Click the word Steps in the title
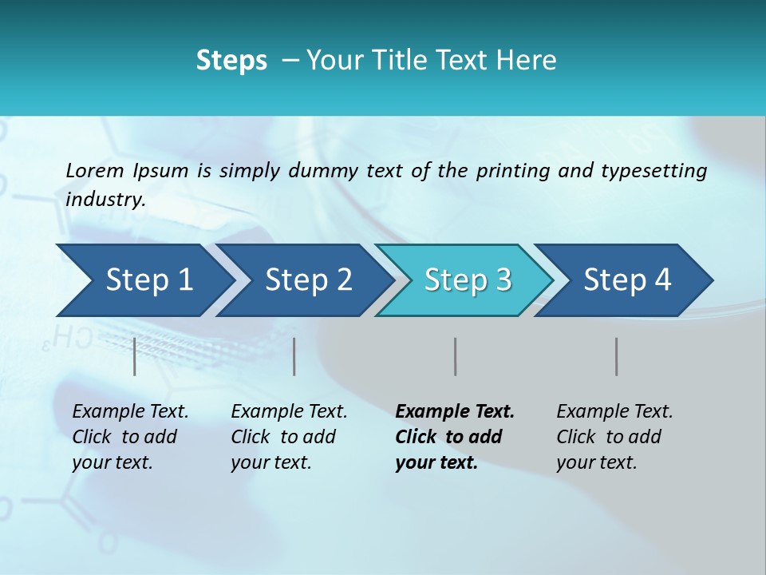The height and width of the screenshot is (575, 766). pos(231,61)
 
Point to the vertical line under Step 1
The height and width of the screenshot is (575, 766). pos(135,356)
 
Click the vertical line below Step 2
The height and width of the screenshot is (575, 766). pos(294,356)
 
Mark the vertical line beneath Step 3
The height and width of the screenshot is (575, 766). pos(456,356)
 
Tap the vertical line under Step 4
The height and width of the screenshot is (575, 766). pos(617,356)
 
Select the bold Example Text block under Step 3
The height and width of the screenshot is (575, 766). pos(455,437)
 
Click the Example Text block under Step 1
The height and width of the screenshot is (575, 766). pos(130,437)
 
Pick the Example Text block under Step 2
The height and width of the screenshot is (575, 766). pos(289,437)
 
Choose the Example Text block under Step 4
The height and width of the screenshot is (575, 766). pos(614,437)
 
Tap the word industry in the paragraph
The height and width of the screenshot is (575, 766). pos(105,200)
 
